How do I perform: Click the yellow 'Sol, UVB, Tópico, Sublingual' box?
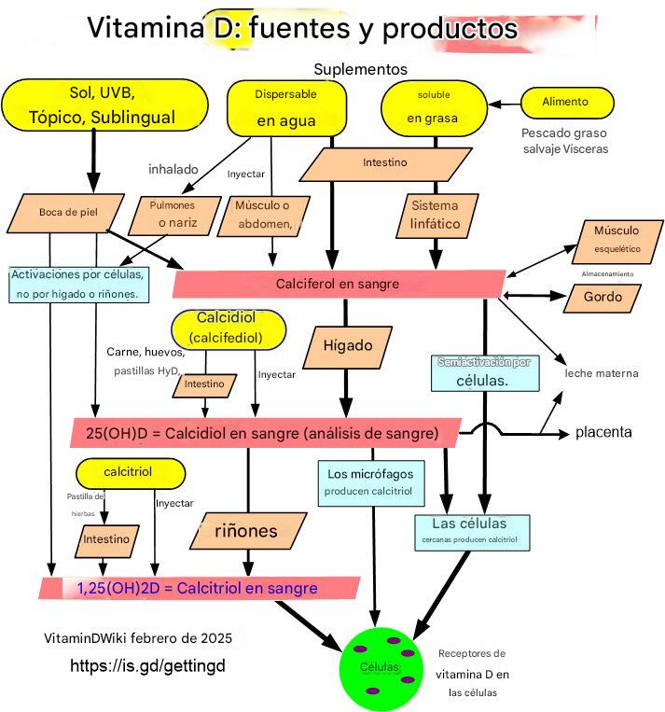tap(104, 105)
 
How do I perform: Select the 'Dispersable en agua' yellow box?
tap(286, 108)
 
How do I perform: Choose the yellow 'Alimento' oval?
tap(566, 102)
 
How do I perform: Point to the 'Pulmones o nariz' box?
tap(174, 215)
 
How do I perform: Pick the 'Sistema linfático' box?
tap(435, 215)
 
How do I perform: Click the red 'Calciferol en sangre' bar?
tap(338, 284)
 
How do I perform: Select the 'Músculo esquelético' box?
tap(616, 239)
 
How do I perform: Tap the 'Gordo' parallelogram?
tap(603, 297)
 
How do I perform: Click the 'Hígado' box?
tap(347, 346)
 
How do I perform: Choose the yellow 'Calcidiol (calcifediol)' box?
tap(227, 328)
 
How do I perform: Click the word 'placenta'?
tap(603, 432)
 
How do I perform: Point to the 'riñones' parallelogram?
tap(246, 532)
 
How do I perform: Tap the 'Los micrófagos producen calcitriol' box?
tap(370, 482)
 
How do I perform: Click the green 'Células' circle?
tap(382, 667)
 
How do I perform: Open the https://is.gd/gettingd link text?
tap(148, 666)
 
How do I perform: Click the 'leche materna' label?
tap(602, 373)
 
